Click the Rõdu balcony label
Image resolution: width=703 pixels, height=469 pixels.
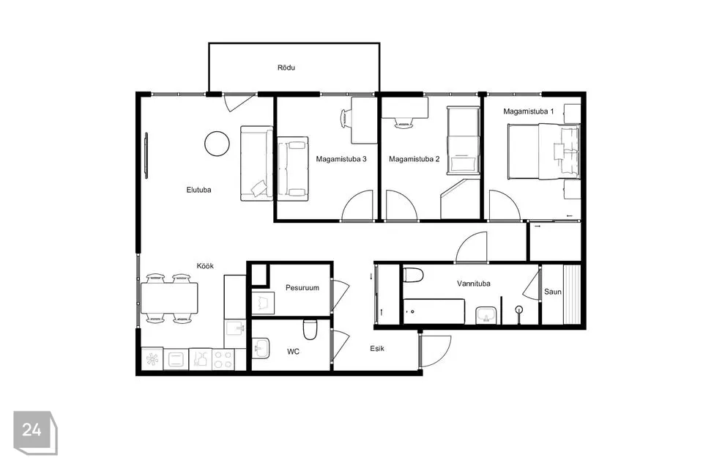tap(286, 67)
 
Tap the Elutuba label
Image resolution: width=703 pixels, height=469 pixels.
tap(198, 190)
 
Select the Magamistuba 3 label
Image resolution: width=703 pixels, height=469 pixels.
tap(341, 159)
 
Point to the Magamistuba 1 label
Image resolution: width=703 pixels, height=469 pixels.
tap(528, 111)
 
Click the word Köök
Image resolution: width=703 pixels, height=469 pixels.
tap(205, 266)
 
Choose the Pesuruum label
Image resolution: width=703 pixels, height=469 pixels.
tap(302, 288)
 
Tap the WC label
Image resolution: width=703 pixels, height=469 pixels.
tap(293, 352)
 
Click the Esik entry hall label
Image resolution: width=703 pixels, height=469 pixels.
tap(377, 348)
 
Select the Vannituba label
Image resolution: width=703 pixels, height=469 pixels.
tap(474, 284)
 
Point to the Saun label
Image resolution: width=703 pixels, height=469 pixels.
tap(552, 292)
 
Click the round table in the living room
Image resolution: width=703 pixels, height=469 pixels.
tap(217, 144)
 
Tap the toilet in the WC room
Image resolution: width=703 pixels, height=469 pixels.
tap(310, 329)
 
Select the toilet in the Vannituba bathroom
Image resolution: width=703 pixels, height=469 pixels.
tap(413, 275)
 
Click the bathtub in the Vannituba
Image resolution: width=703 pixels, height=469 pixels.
tap(434, 311)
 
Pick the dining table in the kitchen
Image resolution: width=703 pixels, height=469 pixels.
tap(169, 298)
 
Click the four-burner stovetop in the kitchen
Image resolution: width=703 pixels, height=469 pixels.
tap(223, 360)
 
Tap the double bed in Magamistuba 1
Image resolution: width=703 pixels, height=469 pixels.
tap(544, 152)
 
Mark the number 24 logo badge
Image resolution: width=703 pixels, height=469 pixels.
tap(35, 432)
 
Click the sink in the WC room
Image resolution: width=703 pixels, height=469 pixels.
tap(260, 348)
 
